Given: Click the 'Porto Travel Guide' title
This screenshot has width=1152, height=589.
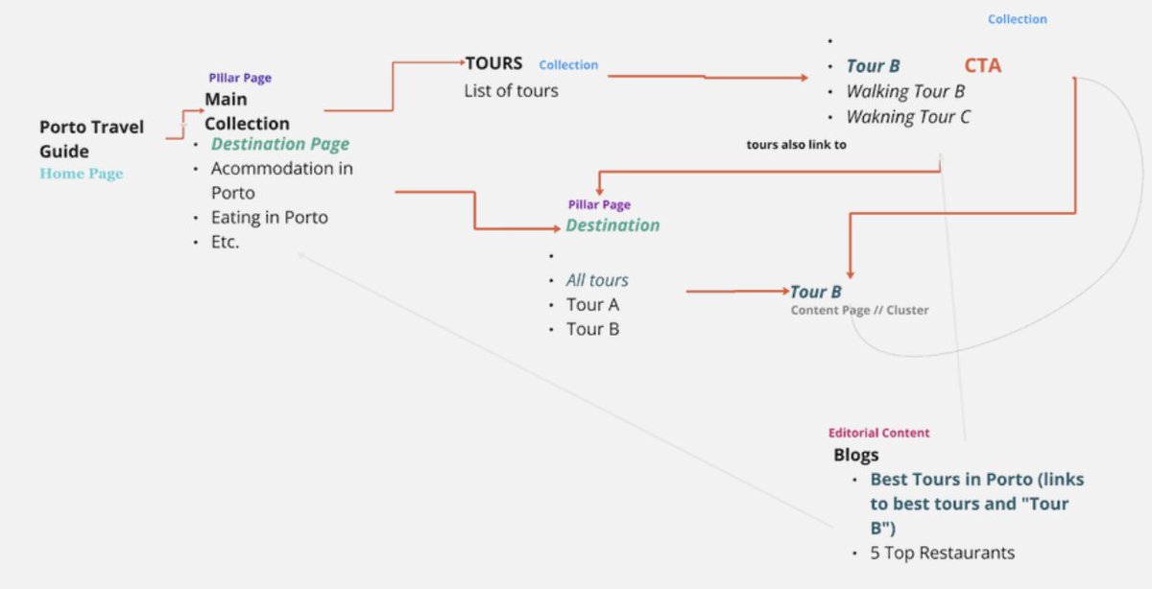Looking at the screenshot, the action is [91, 139].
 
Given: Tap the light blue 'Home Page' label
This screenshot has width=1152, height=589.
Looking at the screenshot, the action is [82, 174].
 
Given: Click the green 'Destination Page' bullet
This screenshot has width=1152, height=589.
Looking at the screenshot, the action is [280, 144].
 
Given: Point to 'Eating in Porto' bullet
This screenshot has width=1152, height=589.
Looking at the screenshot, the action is [269, 218].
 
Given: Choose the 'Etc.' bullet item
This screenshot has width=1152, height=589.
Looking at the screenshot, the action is [225, 242].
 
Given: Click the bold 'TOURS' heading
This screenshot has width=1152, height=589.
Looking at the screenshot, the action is [494, 64].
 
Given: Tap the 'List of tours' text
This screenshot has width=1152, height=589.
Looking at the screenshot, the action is [511, 91].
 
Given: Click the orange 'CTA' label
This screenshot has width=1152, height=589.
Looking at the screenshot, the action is [982, 65].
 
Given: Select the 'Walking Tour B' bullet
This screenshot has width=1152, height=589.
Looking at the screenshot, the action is [905, 92].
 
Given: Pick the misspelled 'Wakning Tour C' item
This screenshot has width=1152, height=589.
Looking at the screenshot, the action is [908, 117].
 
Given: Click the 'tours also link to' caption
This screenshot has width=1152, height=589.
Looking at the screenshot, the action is [797, 144].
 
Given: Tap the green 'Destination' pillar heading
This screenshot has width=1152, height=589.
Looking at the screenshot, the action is [612, 225].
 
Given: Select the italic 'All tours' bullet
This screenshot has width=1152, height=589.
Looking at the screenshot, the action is [597, 280].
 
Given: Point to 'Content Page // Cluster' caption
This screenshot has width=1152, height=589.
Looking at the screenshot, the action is [859, 311].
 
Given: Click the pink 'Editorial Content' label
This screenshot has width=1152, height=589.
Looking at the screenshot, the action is [878, 433].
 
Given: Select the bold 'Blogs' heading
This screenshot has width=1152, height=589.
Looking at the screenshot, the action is [855, 456].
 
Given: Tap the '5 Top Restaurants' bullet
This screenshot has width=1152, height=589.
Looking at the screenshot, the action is [942, 553].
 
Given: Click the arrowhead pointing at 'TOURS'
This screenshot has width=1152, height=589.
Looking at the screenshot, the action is [460, 63].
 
